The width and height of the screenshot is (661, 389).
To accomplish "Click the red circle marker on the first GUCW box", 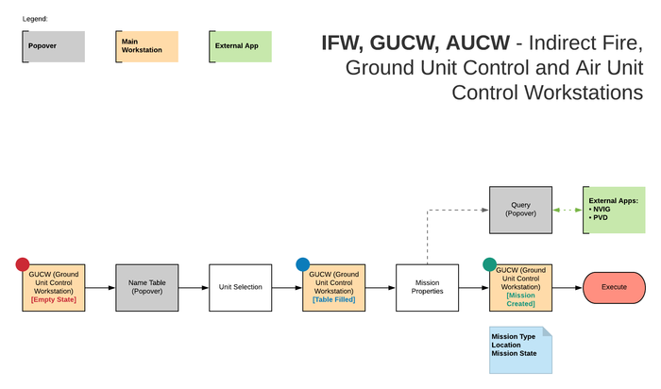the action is tap(23, 264).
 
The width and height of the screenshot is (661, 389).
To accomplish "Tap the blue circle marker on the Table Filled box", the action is tap(303, 264).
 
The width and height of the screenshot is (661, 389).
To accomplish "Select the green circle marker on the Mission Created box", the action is tap(489, 264).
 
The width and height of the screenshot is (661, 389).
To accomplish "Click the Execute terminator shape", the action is tap(614, 287).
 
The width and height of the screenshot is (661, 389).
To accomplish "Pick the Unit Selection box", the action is tap(240, 288).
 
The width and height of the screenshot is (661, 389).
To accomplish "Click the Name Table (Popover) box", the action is tap(147, 288).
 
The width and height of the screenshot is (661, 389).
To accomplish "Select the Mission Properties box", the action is tap(427, 288).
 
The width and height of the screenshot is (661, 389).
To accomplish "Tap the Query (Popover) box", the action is tap(520, 210).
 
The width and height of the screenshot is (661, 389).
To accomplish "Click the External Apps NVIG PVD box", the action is tap(614, 210).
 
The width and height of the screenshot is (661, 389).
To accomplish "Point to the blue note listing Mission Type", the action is tap(520, 350).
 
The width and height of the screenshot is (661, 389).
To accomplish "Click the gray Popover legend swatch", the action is tap(54, 46).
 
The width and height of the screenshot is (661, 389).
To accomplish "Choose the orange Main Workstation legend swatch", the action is tap(147, 46).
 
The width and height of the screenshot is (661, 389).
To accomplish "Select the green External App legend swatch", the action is tap(240, 46).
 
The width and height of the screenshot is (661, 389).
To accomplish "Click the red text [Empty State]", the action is tap(54, 299).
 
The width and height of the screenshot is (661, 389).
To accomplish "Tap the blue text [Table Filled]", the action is tap(334, 299).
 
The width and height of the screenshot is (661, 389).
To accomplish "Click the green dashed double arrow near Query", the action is tap(568, 210).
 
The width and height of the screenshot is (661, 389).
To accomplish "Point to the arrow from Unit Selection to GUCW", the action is tap(287, 288).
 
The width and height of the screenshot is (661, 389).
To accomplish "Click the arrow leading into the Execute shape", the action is tap(568, 288).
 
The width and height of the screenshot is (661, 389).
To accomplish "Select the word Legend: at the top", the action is tap(35, 19).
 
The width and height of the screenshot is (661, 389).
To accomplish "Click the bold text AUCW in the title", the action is tap(478, 42).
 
